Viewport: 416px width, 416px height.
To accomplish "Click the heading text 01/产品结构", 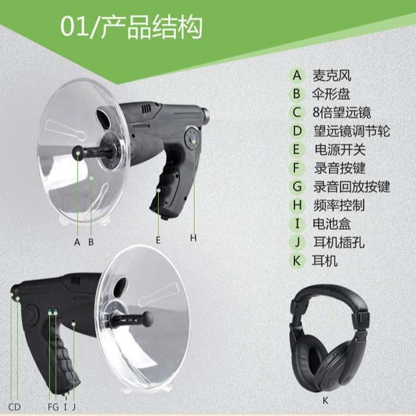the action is pos(131,27).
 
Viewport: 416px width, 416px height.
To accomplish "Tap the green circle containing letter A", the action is pos(297,75).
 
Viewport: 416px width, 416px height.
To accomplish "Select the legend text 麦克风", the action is pos(332,76).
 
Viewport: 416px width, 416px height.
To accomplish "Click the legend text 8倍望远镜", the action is pos(342,113).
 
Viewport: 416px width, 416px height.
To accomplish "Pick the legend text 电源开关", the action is pos(340,149).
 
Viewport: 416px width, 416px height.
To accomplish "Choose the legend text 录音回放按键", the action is pos(352,187).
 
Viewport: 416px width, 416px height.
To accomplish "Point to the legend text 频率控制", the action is pos(339,205).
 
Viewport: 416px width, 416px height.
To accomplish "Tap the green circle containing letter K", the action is pos(296,261).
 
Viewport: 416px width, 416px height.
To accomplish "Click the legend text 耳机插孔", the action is pos(339,242).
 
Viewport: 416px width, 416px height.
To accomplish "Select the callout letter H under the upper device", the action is pos(193,238).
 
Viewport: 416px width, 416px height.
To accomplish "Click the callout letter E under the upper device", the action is pos(158,240).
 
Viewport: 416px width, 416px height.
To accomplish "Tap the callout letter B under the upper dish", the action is pos(91,242).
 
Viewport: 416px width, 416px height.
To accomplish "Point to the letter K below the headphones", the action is pos(326,400).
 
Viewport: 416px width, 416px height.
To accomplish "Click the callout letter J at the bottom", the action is pos(74,407).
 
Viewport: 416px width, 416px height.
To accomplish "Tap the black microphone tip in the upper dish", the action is pos(78,152).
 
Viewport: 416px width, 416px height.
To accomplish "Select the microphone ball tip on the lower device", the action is pos(148,319).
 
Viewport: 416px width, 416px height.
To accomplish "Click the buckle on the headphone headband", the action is pos(361,318).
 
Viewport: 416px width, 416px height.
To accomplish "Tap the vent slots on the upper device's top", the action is pos(146,109).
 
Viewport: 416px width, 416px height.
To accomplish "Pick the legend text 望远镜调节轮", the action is pos(352,131).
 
